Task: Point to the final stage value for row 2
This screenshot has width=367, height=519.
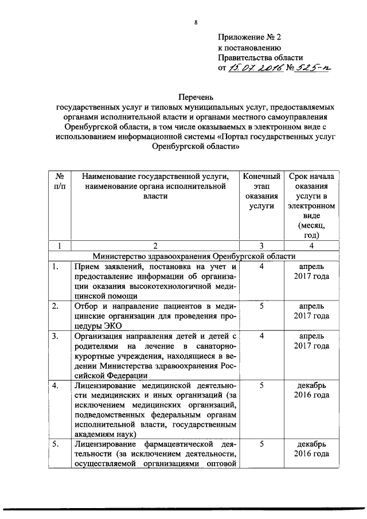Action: (x=261, y=306)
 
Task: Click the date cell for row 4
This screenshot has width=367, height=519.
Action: (x=313, y=391)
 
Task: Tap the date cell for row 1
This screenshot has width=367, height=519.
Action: (x=313, y=272)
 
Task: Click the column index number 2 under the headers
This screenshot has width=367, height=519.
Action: (x=154, y=245)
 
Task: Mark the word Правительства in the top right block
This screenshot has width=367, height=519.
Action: (x=244, y=58)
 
